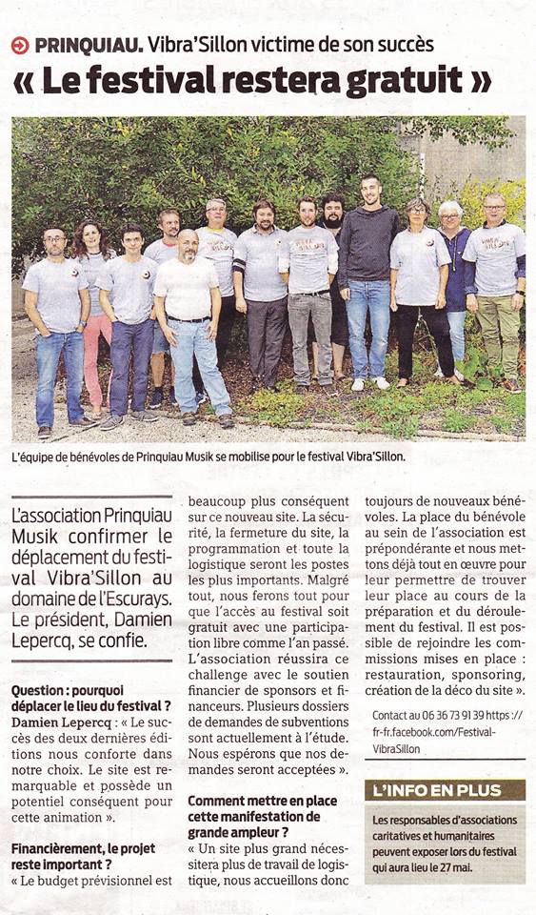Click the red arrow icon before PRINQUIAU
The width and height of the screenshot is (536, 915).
point(20,45)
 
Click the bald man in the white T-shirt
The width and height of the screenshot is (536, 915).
point(190,315)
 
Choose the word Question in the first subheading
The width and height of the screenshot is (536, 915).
point(40,690)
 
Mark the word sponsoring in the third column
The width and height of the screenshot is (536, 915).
point(481,672)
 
